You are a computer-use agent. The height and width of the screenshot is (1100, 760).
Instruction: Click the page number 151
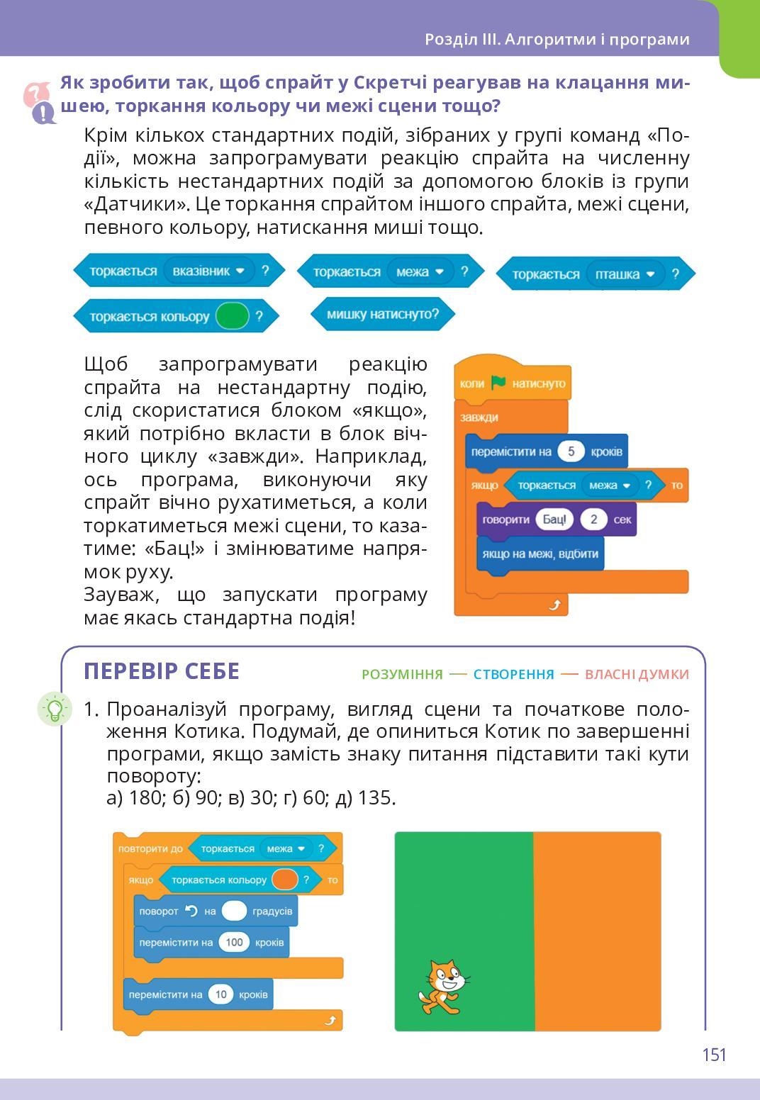pyautogui.click(x=714, y=1055)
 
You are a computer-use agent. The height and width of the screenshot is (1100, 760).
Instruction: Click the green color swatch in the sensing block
pyautogui.click(x=233, y=316)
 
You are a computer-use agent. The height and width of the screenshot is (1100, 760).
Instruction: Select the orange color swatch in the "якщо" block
pyautogui.click(x=284, y=880)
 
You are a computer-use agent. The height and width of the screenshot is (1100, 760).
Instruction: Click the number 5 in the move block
pyautogui.click(x=571, y=451)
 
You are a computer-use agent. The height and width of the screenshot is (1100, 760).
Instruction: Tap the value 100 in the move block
pyautogui.click(x=234, y=942)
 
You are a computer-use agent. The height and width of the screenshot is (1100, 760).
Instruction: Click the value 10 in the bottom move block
pyautogui.click(x=220, y=994)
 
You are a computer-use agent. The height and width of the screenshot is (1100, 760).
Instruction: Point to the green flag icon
pyautogui.click(x=498, y=383)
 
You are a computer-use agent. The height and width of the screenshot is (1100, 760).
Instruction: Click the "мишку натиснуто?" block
pyautogui.click(x=383, y=314)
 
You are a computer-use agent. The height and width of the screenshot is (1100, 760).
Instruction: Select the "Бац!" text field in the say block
pyautogui.click(x=554, y=520)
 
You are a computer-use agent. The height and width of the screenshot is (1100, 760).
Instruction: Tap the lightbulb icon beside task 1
pyautogui.click(x=55, y=708)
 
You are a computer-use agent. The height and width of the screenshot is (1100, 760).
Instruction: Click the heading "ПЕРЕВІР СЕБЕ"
pyautogui.click(x=162, y=671)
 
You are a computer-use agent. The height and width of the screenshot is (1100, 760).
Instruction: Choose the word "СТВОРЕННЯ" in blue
pyautogui.click(x=513, y=674)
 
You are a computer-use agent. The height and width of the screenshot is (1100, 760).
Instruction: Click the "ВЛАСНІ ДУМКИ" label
pyautogui.click(x=637, y=674)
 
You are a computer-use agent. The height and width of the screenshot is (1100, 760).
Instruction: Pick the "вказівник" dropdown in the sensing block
pyautogui.click(x=208, y=271)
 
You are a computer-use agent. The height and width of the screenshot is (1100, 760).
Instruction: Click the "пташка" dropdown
pyautogui.click(x=625, y=274)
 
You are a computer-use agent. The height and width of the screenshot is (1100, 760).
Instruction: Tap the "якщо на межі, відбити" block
pyautogui.click(x=540, y=554)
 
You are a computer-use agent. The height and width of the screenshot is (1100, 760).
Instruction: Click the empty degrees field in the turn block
pyautogui.click(x=234, y=911)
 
